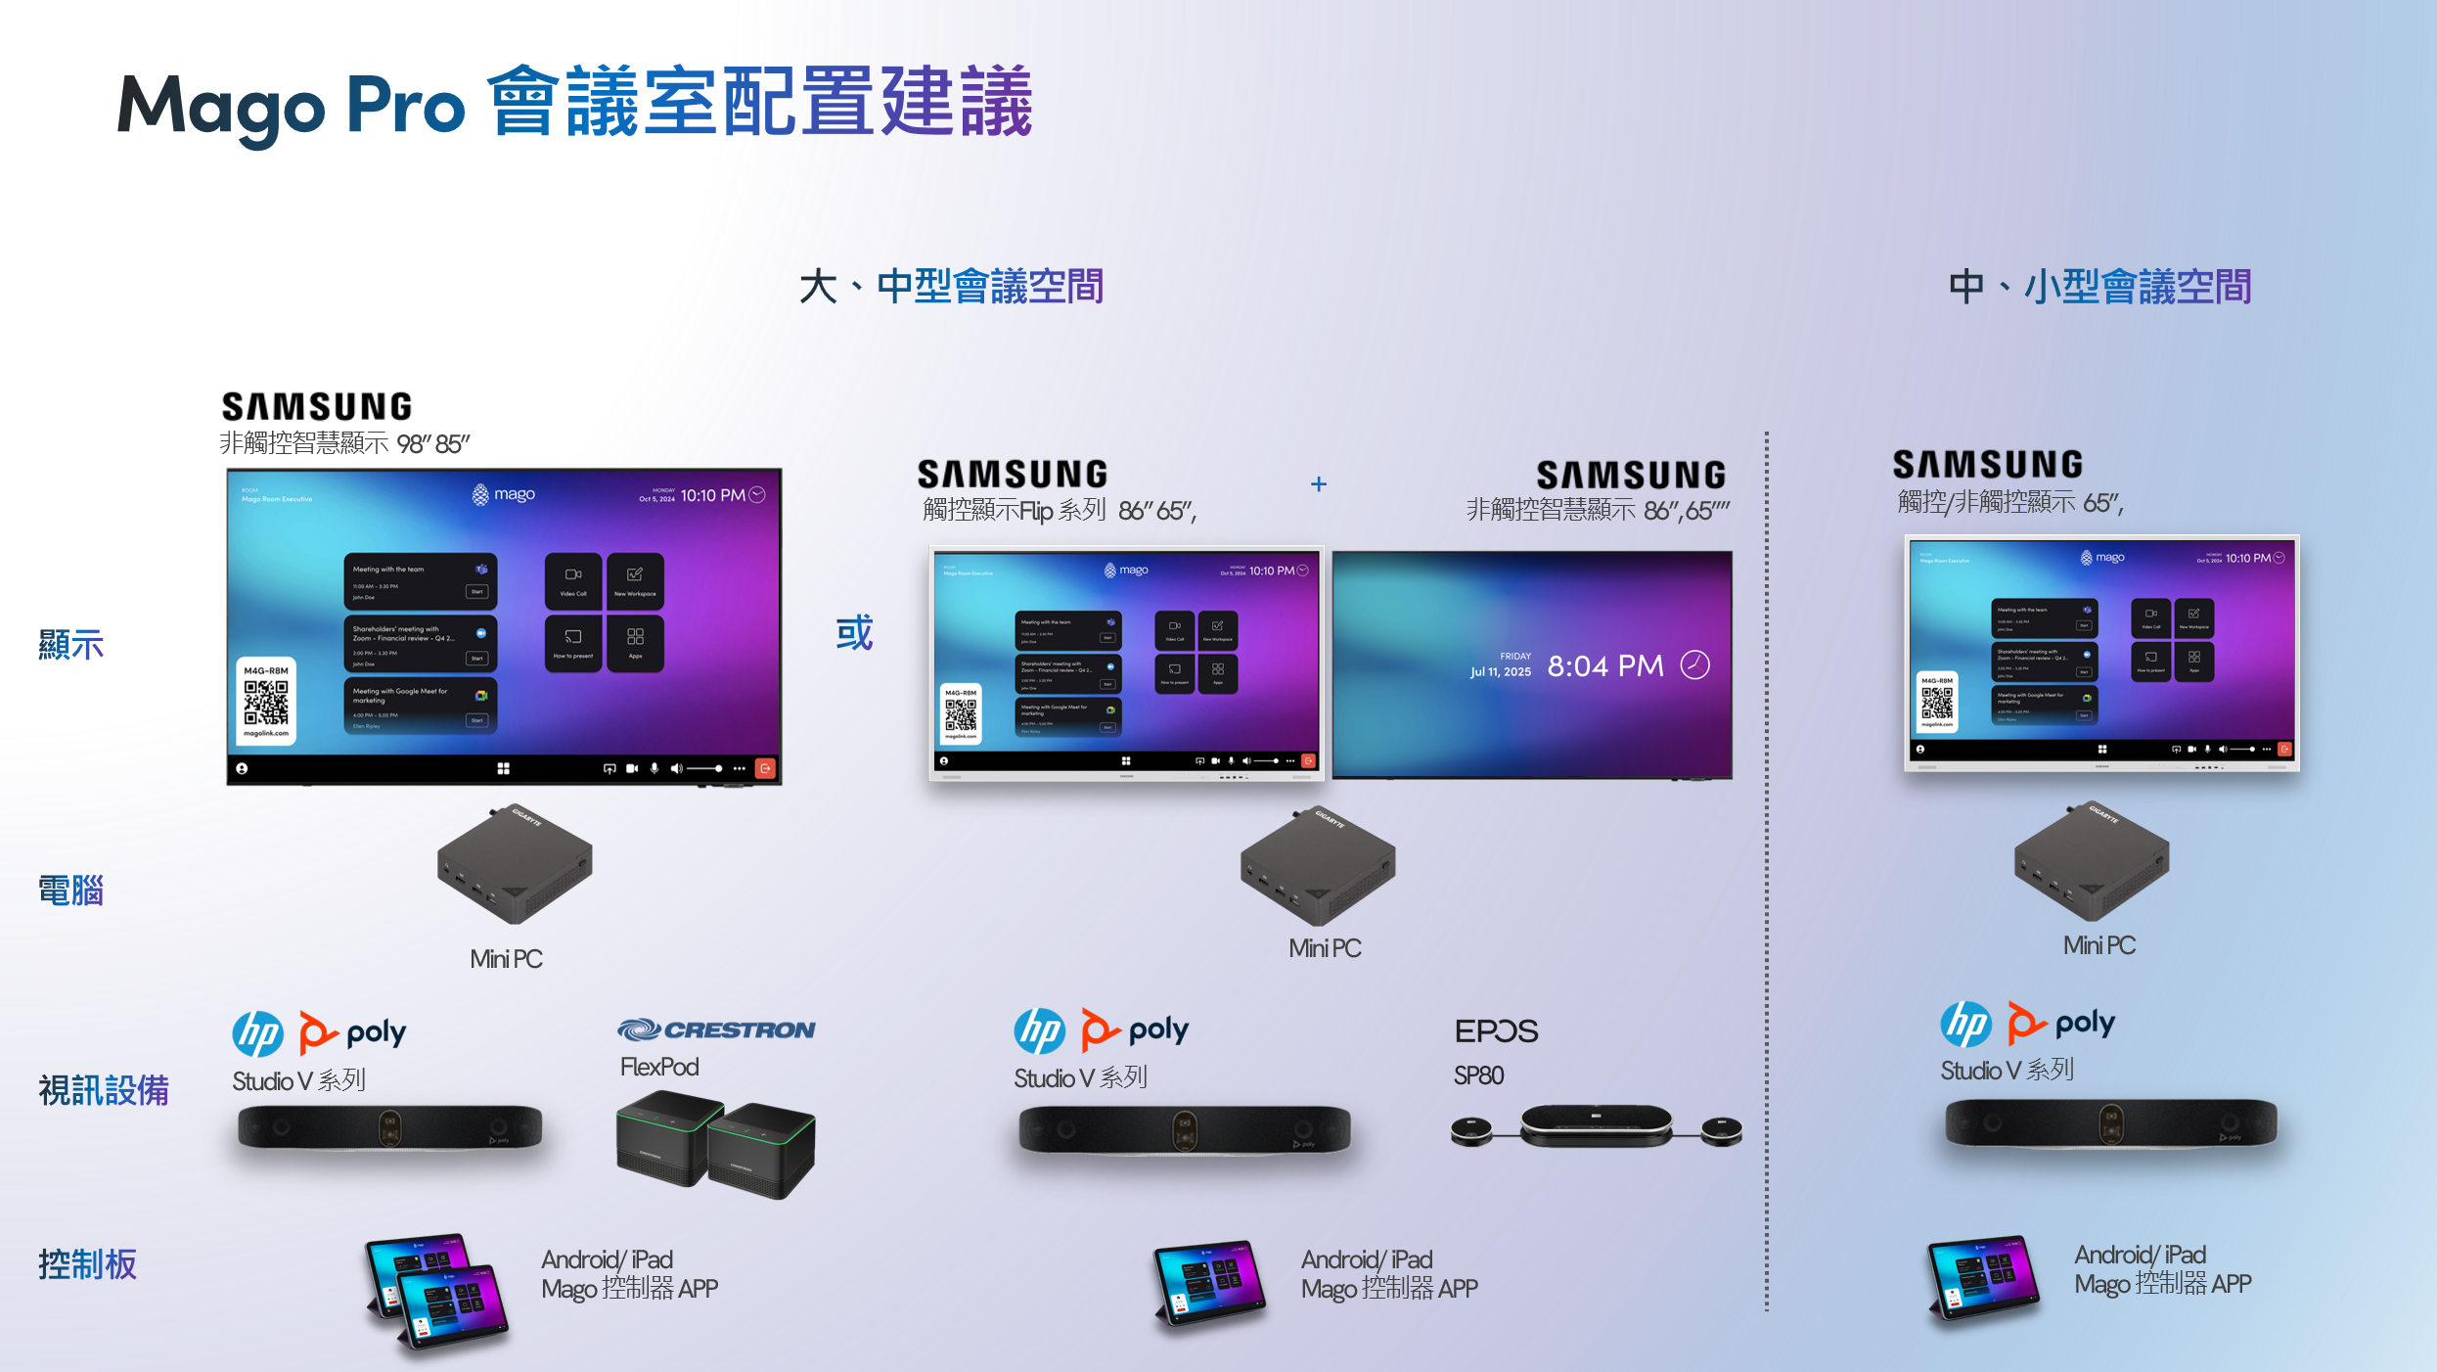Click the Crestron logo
pyautogui.click(x=715, y=1029)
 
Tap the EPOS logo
pyautogui.click(x=1496, y=1031)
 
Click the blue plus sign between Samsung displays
pyautogui.click(x=1319, y=484)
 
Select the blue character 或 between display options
pyautogui.click(x=854, y=633)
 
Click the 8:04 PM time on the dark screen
pyautogui.click(x=1605, y=666)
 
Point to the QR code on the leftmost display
pyautogui.click(x=266, y=702)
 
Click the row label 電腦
pyautogui.click(x=70, y=891)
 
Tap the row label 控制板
pyautogui.click(x=87, y=1264)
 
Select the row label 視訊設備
pyautogui.click(x=104, y=1090)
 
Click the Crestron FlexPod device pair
pyautogui.click(x=715, y=1145)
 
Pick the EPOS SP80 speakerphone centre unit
pyautogui.click(x=1596, y=1124)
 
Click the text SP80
pyautogui.click(x=1478, y=1075)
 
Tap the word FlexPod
pyautogui.click(x=659, y=1067)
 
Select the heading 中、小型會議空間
pyautogui.click(x=2099, y=287)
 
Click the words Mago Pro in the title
pyautogui.click(x=291, y=106)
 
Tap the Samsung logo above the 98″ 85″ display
pyautogui.click(x=317, y=407)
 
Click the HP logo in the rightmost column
pyautogui.click(x=1966, y=1025)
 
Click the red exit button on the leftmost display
pyautogui.click(x=765, y=768)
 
